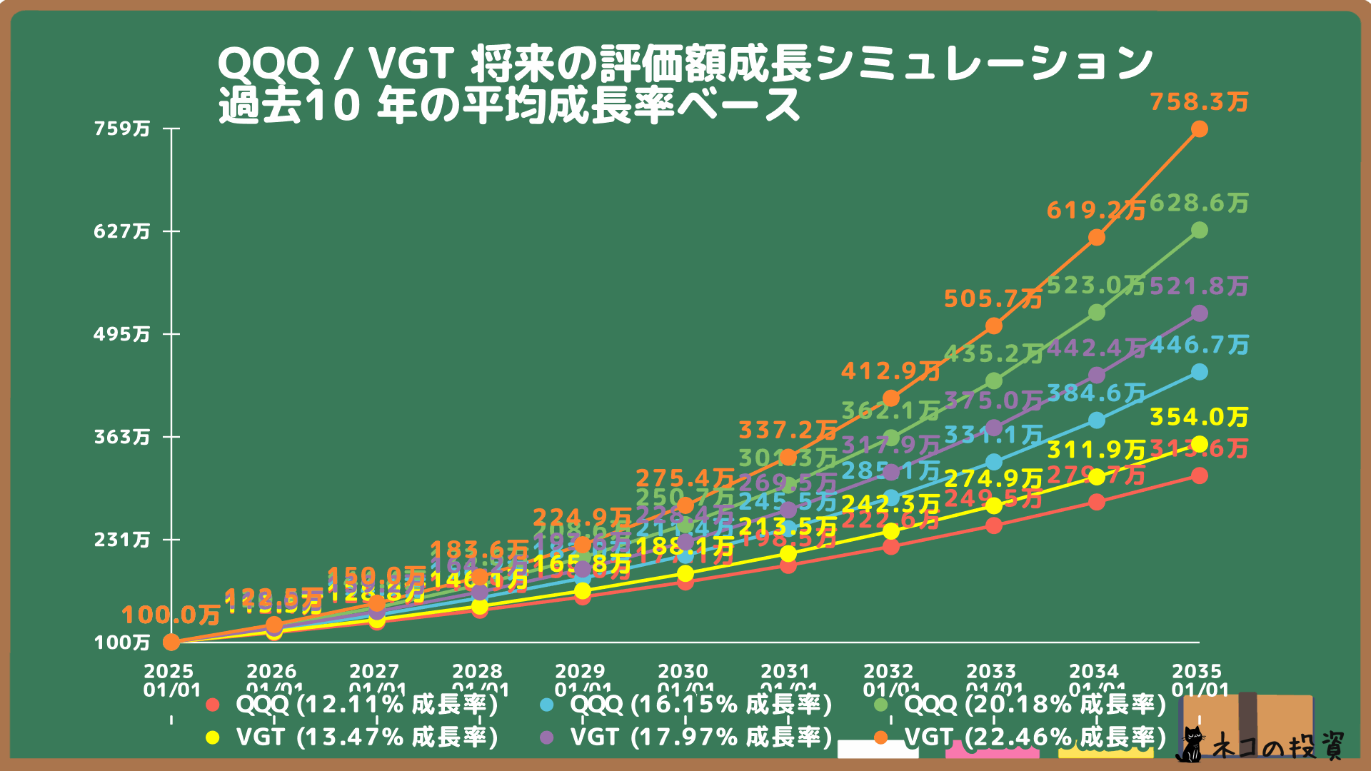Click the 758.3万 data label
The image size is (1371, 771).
coord(1199,102)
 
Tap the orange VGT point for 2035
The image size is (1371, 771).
coord(1200,129)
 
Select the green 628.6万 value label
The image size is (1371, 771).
coord(1199,203)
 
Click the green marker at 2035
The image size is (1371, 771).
coord(1200,230)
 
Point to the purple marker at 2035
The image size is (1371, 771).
coord(1200,313)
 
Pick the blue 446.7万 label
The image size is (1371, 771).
coord(1199,346)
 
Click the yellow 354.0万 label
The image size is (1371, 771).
coord(1199,417)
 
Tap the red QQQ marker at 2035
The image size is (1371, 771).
coord(1200,475)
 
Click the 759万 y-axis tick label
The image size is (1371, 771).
coord(122,128)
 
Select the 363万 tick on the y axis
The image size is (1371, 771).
coord(122,437)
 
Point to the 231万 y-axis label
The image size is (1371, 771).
coord(122,540)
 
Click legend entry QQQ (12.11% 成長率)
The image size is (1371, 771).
coord(366,705)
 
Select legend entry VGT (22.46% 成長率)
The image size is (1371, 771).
coord(1035,737)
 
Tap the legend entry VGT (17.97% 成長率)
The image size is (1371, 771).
coord(700,737)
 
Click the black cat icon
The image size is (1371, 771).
coord(1190,745)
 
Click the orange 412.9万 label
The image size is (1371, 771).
coord(890,371)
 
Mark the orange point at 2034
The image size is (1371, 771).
coord(1097,238)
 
